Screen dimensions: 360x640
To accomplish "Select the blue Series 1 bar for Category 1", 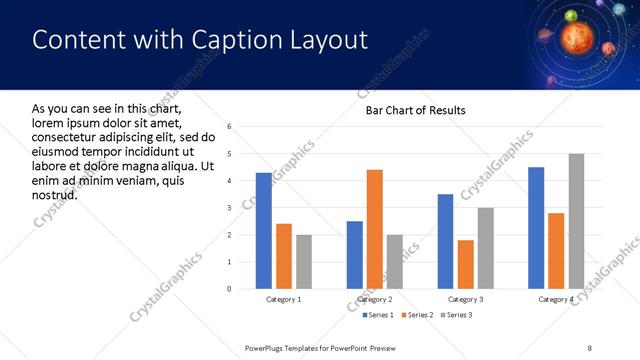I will (263, 231).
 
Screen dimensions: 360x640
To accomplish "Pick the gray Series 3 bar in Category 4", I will (576, 221).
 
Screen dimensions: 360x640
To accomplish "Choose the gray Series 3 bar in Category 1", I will (304, 262).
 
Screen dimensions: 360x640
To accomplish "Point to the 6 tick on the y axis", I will (230, 127).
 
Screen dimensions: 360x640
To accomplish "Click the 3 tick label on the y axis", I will (230, 208).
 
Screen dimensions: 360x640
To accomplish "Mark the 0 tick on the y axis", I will (230, 289).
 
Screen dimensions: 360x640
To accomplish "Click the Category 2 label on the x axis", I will (375, 300).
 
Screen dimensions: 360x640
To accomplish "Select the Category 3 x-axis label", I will (466, 300).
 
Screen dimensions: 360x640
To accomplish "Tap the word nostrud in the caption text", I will (55, 193).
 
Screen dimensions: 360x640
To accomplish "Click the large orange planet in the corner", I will (578, 37).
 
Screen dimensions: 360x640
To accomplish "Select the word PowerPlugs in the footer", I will (267, 347).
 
